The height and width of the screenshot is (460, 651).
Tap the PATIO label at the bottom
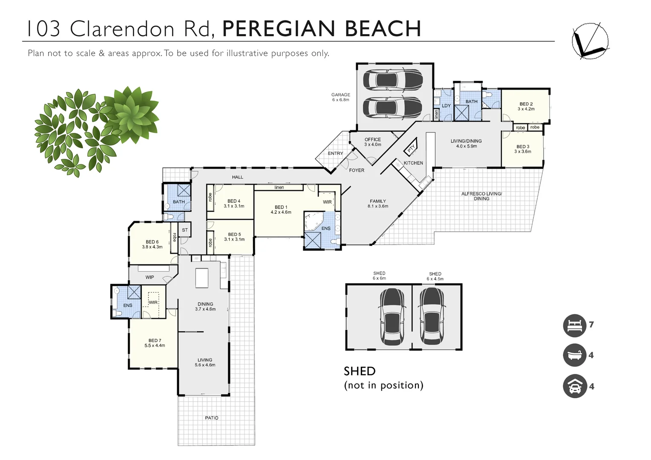[211, 418]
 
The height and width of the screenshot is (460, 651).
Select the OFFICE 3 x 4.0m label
[372, 142]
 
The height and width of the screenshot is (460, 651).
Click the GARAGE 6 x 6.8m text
[341, 97]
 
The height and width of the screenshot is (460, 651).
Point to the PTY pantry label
[411, 148]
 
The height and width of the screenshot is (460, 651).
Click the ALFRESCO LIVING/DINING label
[481, 196]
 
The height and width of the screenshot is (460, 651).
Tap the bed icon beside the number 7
[575, 325]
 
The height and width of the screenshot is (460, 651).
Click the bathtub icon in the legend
[575, 355]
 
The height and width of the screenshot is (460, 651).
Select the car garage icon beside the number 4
[575, 387]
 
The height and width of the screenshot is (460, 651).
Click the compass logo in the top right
[590, 40]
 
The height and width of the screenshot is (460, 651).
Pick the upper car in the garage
[392, 80]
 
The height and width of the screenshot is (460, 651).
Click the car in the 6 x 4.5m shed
[432, 316]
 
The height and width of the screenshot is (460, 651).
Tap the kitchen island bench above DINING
[202, 278]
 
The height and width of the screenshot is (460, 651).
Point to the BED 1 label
[281, 210]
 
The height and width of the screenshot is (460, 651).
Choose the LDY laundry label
[446, 106]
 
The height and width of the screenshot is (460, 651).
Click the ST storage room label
[185, 230]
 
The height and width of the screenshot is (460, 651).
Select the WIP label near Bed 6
[150, 277]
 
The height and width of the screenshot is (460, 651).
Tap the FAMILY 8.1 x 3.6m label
[378, 204]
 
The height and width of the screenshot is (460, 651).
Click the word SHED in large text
[360, 371]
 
